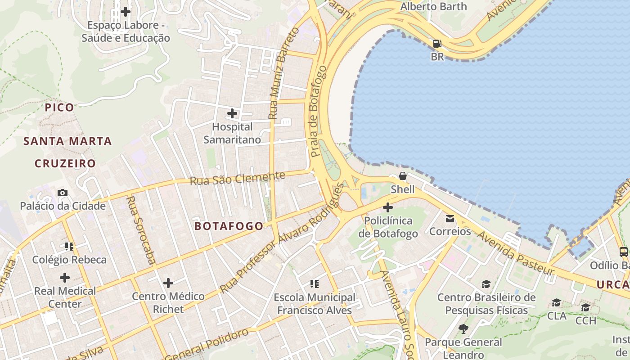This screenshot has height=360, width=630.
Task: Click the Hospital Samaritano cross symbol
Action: coord(232,113)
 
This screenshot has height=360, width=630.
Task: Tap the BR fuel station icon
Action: coord(437,44)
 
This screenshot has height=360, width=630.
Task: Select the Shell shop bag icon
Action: coord(403,176)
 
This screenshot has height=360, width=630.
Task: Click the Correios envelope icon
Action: coord(450,219)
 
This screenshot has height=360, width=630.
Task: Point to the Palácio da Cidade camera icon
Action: coord(63,193)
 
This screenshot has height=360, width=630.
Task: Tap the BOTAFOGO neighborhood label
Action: coord(229,226)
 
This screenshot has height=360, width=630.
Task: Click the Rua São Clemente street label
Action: coord(237,178)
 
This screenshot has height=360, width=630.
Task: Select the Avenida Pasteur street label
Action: coord(515,253)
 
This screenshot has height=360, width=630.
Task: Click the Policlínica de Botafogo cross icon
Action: coord(388,207)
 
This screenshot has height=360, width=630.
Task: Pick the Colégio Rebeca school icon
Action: coord(69,246)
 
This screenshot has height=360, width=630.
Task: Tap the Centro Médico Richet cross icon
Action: coord(168,283)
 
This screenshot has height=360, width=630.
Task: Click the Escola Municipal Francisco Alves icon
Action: coord(315,284)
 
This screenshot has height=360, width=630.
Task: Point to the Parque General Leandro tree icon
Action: coord(463,329)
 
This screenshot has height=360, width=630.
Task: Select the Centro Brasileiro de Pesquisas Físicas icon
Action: coord(486,284)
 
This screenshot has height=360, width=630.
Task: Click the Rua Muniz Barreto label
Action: coord(283,73)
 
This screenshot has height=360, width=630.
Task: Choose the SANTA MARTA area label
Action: coord(67,141)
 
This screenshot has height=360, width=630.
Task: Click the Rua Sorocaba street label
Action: coord(140,229)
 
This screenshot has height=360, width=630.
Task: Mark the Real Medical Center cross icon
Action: coord(65,277)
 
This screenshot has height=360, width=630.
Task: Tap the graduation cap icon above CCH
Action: coord(585,307)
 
